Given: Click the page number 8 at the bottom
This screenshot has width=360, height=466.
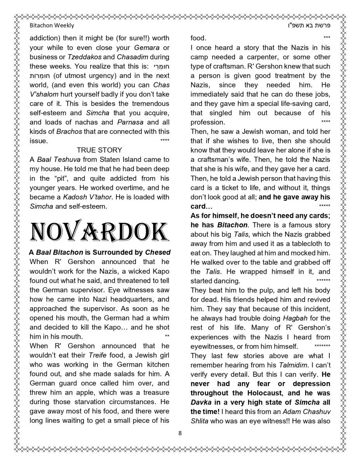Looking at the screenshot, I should [180, 433].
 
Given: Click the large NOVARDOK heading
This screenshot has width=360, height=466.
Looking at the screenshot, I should [99, 232].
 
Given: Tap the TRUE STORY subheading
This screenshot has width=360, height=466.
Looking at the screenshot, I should [99, 150].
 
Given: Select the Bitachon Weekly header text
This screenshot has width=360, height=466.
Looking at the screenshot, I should [52, 25].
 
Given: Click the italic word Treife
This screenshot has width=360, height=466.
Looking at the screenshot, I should [97, 355].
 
